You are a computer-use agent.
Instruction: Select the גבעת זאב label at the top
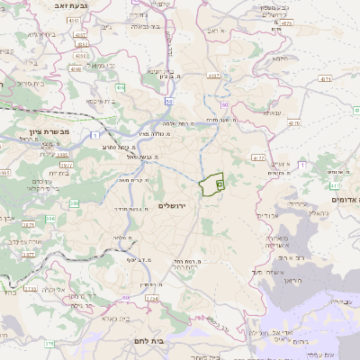(x=37, y=4)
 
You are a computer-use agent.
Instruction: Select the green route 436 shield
(x=120, y=87)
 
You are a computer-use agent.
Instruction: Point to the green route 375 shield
(x=49, y=343)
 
